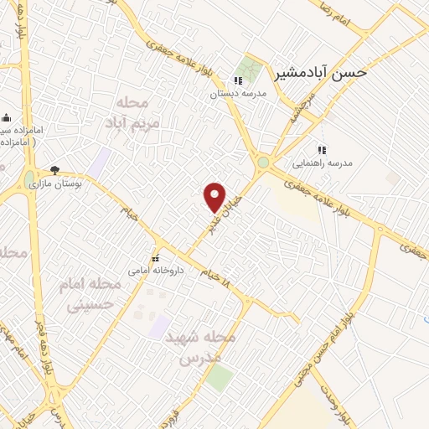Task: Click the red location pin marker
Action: point(215,197)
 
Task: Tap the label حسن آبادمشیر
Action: point(321,72)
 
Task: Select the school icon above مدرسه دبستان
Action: point(238,81)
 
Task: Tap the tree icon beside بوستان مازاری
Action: point(55,169)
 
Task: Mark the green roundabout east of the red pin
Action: point(264,162)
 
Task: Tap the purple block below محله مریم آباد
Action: point(101,161)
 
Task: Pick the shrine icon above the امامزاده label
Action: point(6,117)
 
